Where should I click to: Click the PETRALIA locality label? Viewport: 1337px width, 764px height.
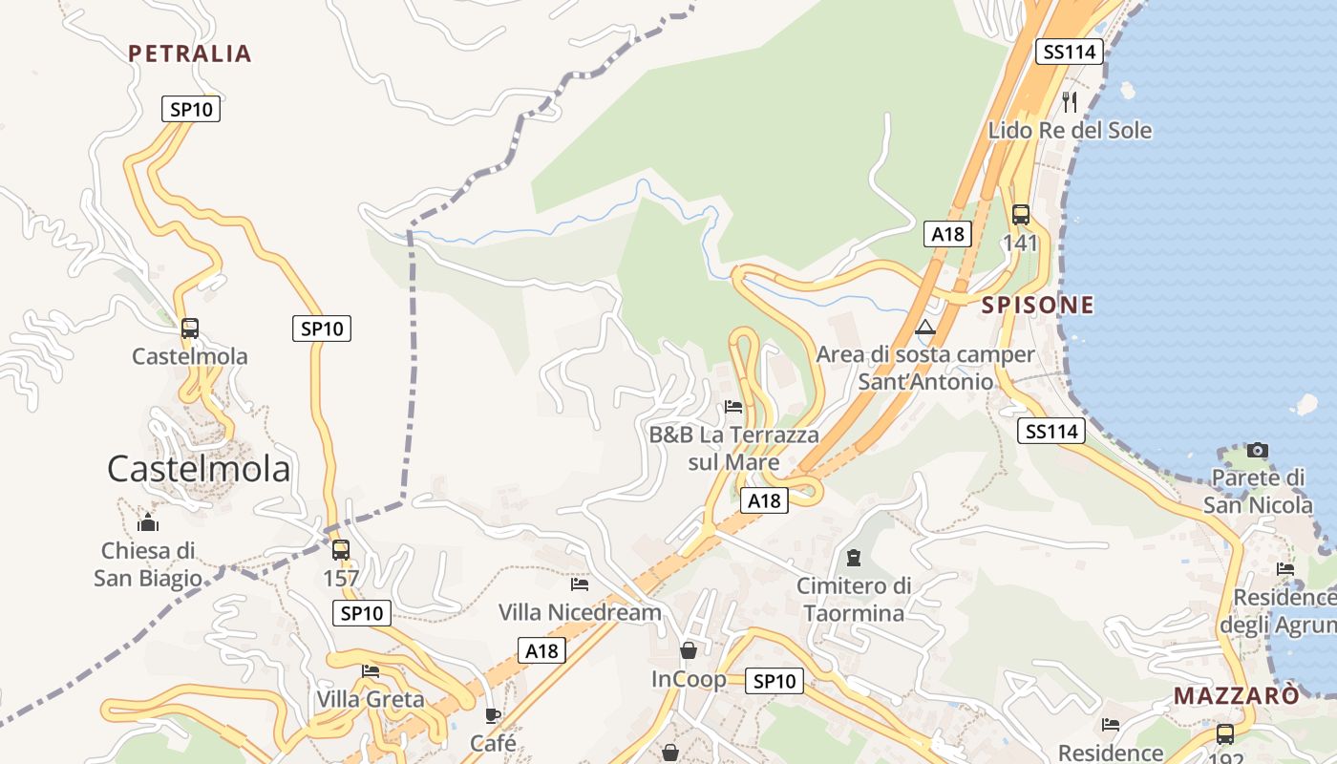[190, 53]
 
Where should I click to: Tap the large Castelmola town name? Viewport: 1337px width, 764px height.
[199, 469]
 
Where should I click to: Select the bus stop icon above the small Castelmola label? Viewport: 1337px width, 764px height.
[190, 329]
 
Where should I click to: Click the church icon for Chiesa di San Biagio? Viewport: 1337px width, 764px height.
[148, 522]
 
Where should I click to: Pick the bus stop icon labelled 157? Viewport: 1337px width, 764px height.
[340, 550]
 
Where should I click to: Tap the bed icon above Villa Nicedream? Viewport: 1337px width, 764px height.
[580, 584]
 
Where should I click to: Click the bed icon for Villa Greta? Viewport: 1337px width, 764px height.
[371, 671]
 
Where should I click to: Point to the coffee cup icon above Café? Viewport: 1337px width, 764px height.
[493, 715]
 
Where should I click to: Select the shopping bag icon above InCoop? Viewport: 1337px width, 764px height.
[688, 651]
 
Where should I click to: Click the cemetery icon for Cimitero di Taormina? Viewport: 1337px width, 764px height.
[854, 557]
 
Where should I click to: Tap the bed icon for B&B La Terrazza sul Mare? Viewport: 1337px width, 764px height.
[733, 407]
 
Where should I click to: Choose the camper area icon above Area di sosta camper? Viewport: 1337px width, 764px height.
[924, 328]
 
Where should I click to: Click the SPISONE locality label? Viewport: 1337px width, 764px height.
[1038, 306]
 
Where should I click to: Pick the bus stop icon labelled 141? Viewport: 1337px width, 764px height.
[1021, 215]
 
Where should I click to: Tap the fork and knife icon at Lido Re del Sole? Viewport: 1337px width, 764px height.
[1070, 101]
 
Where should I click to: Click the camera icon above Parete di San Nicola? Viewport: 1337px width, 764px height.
[1258, 450]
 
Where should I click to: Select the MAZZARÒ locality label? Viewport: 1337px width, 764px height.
[1237, 695]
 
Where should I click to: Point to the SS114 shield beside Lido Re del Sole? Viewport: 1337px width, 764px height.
[1070, 52]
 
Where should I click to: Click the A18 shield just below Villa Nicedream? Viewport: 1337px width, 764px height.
[541, 651]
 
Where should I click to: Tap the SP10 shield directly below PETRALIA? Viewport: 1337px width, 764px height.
[191, 109]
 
